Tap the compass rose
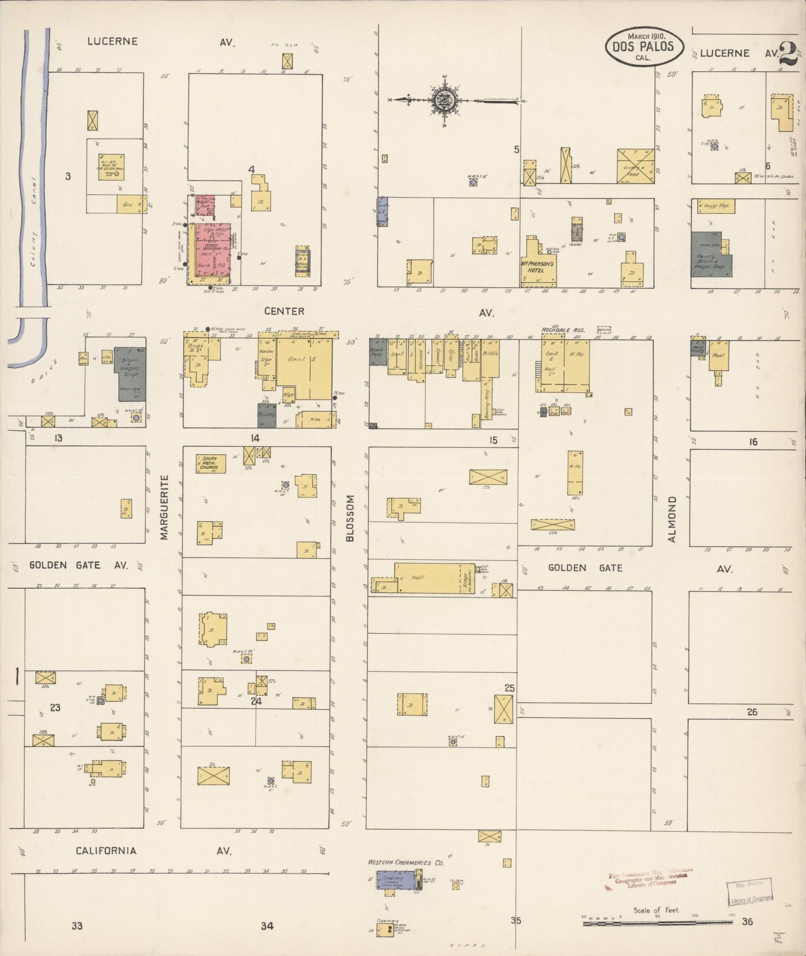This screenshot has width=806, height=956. click(x=445, y=100)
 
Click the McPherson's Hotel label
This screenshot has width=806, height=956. click(x=537, y=267)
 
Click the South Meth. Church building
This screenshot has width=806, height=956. click(x=210, y=463)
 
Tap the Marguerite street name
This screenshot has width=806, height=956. click(x=164, y=507)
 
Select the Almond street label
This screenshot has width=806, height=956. click(x=672, y=519)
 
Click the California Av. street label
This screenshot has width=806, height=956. click(x=106, y=851)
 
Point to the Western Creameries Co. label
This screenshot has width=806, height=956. click(x=406, y=862)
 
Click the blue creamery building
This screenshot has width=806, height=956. click(x=394, y=880)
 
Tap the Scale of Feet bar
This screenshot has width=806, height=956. click(x=657, y=924)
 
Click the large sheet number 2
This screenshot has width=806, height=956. click(x=788, y=54)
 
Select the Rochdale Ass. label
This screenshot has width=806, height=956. click(x=561, y=330)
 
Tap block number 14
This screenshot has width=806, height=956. click(x=255, y=438)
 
